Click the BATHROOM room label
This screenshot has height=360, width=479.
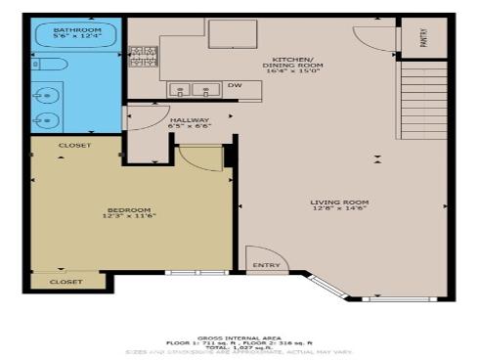[77, 30]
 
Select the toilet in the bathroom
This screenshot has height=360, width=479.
[51, 66]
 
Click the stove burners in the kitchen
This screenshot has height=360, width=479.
[143, 58]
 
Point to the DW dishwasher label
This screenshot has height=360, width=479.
[234, 86]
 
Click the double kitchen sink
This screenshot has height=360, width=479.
[194, 90]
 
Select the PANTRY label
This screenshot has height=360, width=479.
[422, 38]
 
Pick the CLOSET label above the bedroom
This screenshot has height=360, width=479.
[75, 145]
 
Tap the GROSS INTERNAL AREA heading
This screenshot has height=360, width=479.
[239, 335]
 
